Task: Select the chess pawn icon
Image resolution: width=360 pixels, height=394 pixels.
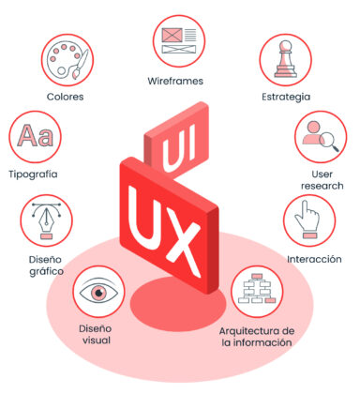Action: tap(286, 61)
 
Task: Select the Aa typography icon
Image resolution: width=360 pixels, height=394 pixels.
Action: tap(35, 137)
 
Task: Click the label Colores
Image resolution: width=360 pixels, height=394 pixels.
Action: tap(65, 96)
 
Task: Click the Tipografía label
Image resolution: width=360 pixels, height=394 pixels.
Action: tap(32, 174)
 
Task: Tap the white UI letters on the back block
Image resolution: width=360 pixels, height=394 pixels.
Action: tap(181, 149)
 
